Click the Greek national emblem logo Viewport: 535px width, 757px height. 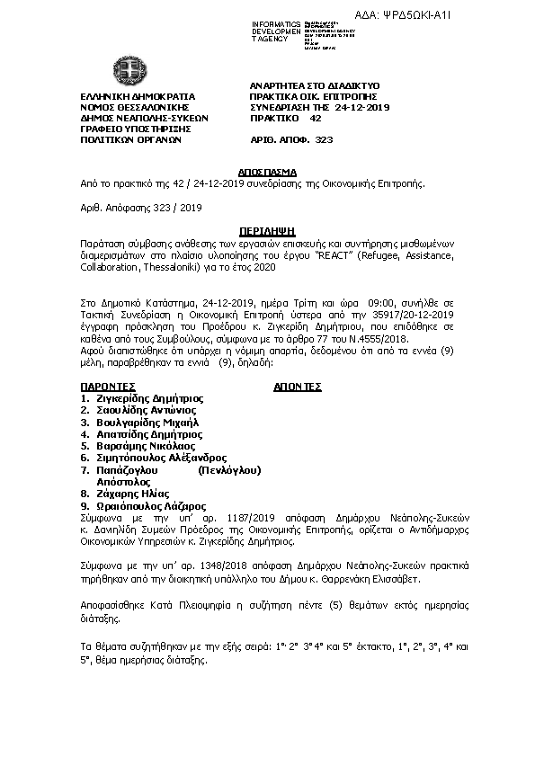tap(125, 70)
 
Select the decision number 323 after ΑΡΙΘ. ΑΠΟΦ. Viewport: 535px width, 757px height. tap(324, 140)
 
